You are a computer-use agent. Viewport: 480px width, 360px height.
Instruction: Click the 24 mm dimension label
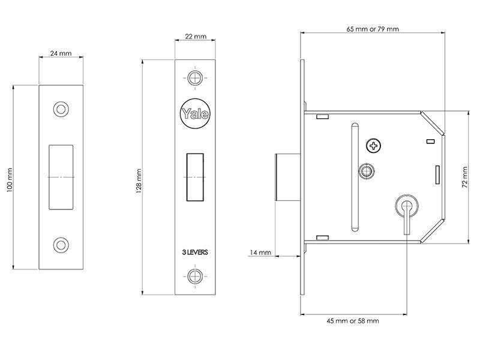(61, 53)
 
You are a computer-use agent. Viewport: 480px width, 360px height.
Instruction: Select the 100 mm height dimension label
(10, 180)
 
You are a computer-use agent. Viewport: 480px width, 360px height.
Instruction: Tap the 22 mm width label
(196, 37)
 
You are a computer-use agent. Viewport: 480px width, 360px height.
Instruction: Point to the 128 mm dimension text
(139, 181)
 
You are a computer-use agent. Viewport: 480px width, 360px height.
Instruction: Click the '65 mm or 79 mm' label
(373, 29)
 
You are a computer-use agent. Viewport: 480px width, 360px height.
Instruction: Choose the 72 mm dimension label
(465, 177)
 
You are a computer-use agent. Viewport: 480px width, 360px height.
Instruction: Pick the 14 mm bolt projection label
(260, 253)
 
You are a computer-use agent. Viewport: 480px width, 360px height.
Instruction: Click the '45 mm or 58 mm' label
(353, 321)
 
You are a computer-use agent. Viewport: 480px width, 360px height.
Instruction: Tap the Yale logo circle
(195, 113)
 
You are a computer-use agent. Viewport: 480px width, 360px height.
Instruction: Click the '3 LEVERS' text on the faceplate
(195, 252)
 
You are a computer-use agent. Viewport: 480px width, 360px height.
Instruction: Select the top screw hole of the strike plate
(61, 109)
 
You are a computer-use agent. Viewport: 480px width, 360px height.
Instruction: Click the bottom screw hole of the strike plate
(61, 245)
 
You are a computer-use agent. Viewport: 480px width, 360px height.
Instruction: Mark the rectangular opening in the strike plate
(61, 177)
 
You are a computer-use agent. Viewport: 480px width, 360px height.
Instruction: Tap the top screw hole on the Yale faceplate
(195, 78)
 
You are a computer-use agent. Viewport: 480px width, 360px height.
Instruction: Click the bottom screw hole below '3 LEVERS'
(195, 276)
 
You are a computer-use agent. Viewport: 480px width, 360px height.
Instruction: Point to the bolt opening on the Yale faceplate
(195, 177)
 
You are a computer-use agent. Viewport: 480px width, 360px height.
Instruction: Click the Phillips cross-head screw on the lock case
(373, 146)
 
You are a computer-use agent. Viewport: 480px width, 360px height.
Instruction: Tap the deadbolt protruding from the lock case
(288, 177)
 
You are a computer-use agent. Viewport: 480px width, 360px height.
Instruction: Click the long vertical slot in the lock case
(355, 177)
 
